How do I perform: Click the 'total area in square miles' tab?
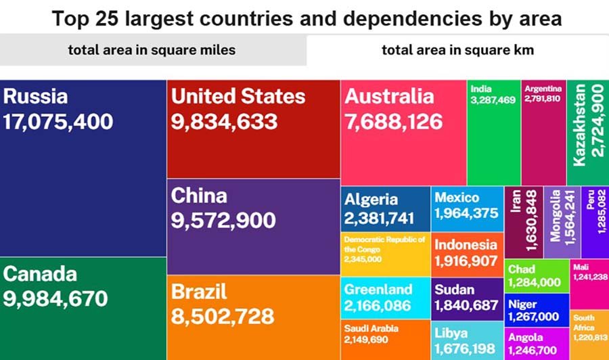[x=152, y=49]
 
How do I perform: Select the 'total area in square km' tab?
[x=457, y=49]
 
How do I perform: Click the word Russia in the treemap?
[x=36, y=96]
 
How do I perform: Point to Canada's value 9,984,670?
[x=55, y=298]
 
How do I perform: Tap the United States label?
[x=238, y=96]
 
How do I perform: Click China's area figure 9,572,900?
[x=223, y=221]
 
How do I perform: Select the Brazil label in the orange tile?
[x=199, y=292]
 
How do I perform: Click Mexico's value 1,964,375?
[x=466, y=213]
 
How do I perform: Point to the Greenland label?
[x=378, y=290]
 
